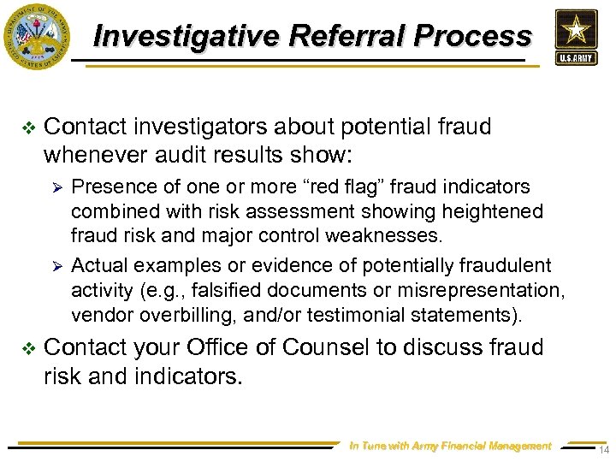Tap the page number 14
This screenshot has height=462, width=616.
click(x=603, y=450)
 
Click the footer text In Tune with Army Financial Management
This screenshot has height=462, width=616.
click(x=450, y=446)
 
